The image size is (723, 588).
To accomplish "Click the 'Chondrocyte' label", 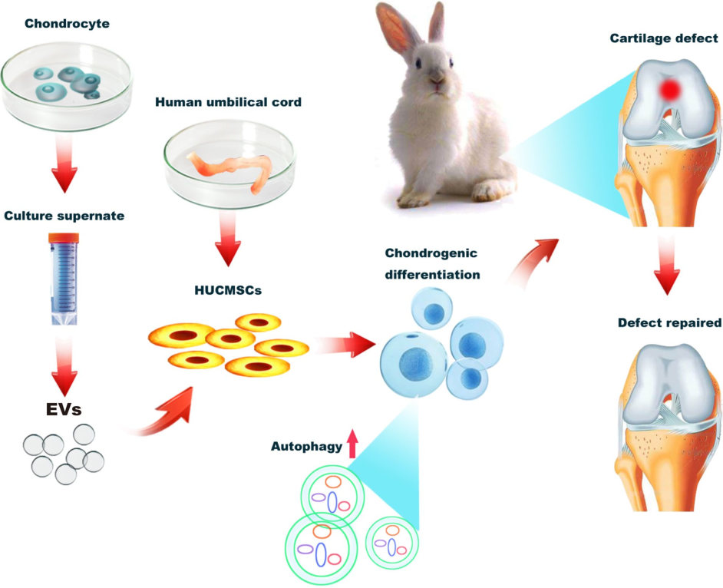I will [x=67, y=24].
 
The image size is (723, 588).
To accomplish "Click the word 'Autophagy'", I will [x=305, y=447].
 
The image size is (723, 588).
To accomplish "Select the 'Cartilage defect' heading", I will [x=664, y=38].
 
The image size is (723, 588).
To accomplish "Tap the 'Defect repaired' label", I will [x=669, y=323].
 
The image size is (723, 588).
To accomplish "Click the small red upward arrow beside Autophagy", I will [x=353, y=444].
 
